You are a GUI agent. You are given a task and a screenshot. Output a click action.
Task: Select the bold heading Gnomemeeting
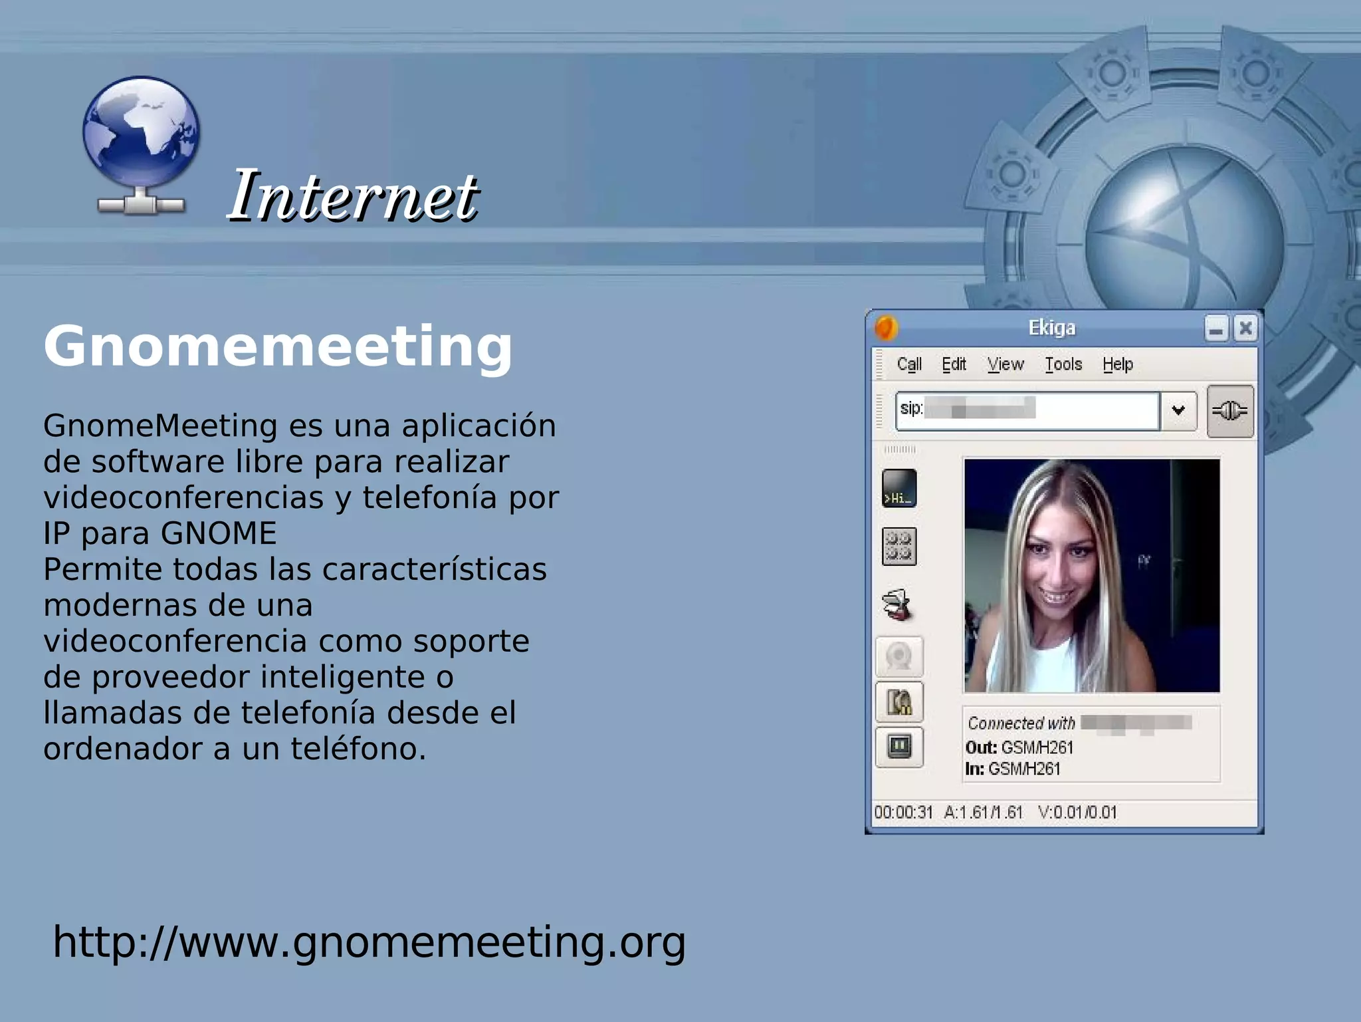pos(278,346)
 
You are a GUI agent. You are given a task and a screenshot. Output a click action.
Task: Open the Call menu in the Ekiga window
pos(908,364)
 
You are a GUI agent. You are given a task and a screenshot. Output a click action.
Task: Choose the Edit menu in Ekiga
pos(954,364)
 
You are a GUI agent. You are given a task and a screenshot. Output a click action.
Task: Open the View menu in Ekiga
pos(1005,364)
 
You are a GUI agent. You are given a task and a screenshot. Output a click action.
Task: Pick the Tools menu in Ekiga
pos(1063,364)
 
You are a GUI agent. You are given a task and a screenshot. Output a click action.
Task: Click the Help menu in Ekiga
pos(1117,364)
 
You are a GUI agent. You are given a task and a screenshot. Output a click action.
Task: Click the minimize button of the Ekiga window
pos(1216,329)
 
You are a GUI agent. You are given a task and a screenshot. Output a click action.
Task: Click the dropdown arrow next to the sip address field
pos(1178,410)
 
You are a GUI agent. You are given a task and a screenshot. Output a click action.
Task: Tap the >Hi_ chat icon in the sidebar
pos(899,489)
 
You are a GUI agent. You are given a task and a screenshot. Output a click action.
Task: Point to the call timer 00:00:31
pos(903,813)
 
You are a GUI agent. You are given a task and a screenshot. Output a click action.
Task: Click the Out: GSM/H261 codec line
pos(1019,747)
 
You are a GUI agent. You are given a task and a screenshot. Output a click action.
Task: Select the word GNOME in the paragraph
pos(219,533)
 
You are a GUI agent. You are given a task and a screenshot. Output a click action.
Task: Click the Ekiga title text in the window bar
pos(1051,328)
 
